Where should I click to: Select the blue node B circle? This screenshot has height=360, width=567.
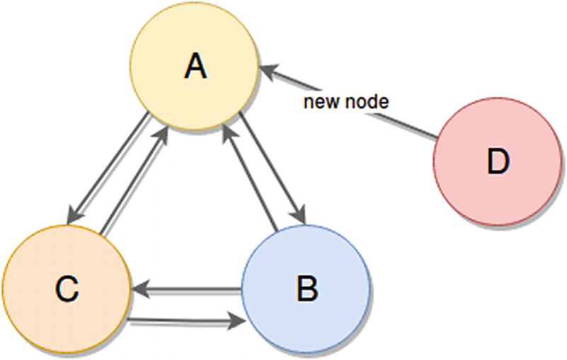[x=306, y=289]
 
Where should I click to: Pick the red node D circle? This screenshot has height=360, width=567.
[x=497, y=163]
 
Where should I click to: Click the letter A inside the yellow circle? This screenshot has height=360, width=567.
[x=194, y=68]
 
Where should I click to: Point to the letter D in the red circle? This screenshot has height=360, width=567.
[x=498, y=163]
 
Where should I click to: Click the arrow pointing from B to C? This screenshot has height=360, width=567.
[x=188, y=289]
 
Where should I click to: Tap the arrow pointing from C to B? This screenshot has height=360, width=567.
[x=188, y=322]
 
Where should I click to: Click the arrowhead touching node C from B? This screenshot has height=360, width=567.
[x=139, y=289]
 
